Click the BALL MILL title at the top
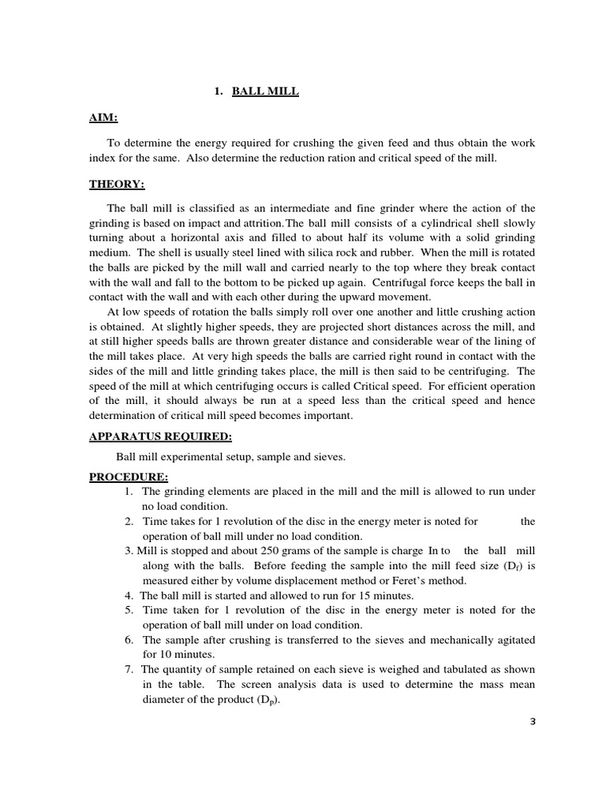point(265,92)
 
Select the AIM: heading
point(103,118)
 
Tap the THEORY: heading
point(117,185)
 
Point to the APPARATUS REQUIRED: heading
point(160,436)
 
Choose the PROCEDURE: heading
point(128,477)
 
